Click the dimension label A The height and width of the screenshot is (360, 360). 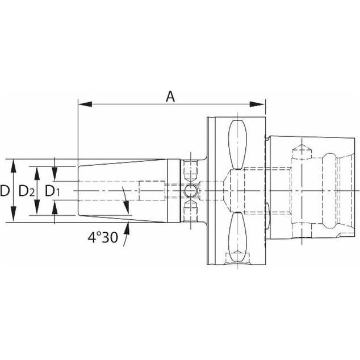click(170, 97)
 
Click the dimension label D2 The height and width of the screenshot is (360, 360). click(27, 191)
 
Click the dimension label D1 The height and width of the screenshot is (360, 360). click(52, 191)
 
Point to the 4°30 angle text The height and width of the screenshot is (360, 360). click(103, 237)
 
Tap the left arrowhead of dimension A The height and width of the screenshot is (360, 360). click(85, 104)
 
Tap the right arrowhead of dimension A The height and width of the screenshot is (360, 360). click(257, 104)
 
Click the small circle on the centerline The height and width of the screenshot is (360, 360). click(190, 191)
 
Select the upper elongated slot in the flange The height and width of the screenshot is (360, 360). click(237, 145)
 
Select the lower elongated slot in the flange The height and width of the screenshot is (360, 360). click(237, 237)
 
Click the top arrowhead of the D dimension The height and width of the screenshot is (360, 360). click(13, 166)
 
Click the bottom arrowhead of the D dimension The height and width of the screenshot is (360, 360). click(13, 215)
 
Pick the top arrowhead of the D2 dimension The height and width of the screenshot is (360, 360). click(37, 173)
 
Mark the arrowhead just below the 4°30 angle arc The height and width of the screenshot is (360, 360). click(127, 228)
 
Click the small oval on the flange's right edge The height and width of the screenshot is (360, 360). click(267, 216)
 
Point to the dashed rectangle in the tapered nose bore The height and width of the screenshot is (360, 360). click(152, 191)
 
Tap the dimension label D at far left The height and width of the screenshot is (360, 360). click(5, 191)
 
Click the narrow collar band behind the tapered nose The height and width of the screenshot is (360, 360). click(174, 191)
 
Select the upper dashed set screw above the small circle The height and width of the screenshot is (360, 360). click(190, 170)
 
